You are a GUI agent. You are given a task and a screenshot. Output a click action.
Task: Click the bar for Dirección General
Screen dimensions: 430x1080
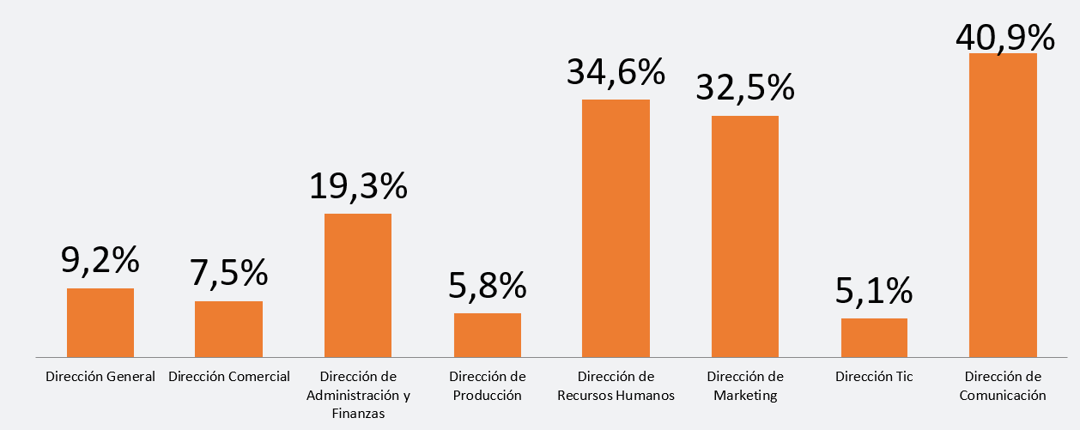100,322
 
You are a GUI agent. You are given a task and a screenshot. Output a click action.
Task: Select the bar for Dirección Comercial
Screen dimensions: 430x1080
228,329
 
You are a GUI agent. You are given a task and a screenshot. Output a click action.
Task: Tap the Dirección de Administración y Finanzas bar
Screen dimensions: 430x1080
358,284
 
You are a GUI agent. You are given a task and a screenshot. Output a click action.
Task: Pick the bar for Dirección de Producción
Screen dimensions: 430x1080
487,335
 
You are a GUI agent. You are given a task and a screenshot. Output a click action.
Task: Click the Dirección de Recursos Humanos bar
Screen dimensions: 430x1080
616,227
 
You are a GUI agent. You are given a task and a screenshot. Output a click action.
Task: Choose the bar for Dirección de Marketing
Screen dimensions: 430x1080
745,236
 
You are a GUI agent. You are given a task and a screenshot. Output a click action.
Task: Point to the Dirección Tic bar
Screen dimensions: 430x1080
874,337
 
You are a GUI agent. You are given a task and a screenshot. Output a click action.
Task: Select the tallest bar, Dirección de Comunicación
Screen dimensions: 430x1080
1003,204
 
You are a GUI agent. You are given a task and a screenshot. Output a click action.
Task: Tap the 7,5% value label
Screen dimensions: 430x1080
229,274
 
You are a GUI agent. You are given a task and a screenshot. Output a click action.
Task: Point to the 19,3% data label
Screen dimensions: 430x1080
358,185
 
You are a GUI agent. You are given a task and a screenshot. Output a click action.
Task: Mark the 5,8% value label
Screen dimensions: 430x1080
487,286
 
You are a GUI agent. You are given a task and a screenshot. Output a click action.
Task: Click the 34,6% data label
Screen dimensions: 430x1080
616,72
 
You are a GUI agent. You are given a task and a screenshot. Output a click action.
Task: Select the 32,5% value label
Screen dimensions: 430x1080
745,88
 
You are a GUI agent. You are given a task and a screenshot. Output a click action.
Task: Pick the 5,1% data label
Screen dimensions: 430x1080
874,292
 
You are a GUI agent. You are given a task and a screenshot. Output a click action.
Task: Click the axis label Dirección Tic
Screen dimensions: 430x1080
874,377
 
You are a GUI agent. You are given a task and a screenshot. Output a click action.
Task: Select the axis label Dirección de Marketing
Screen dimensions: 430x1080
745,386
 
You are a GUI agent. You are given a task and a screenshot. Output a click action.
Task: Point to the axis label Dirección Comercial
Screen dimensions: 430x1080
229,377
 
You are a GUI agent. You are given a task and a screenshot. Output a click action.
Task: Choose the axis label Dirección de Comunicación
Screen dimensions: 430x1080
1003,386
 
